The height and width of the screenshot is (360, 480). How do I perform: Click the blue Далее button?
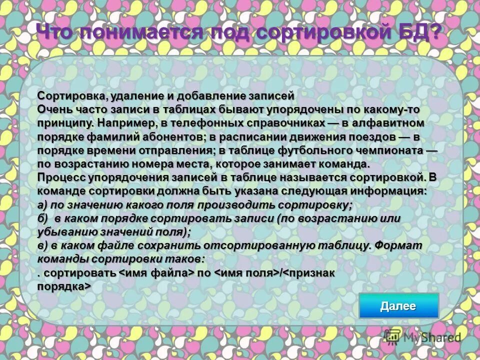(398, 306)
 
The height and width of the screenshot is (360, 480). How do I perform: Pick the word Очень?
(53, 109)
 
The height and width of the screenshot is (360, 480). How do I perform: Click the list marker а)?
(43, 205)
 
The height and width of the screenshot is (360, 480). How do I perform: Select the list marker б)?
(43, 218)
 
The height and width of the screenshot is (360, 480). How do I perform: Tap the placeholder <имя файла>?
(156, 273)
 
